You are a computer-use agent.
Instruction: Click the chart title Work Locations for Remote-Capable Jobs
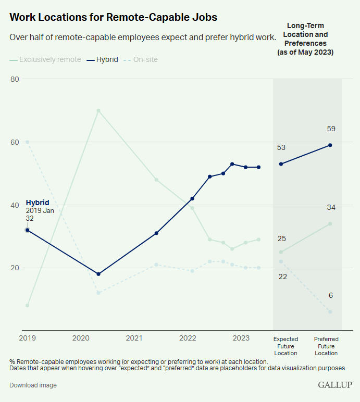pos(113,17)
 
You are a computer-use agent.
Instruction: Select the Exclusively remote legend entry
pos(45,59)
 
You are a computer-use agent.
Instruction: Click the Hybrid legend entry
pos(103,59)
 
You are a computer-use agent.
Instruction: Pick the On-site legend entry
pos(141,59)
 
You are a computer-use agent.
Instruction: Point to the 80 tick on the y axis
pos(15,79)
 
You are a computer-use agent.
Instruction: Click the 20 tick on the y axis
pos(15,268)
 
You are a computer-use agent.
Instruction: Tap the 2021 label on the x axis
pos(134,338)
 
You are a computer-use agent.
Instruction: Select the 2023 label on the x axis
pos(241,338)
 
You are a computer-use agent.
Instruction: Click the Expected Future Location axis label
pos(285,346)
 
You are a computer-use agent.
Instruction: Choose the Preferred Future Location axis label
pos(326,346)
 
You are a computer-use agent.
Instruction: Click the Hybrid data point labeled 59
pos(330,145)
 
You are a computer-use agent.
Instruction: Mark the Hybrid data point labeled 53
pos(281,164)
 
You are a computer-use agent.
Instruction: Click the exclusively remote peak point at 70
pos(98,110)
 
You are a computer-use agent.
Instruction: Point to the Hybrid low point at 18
pos(98,274)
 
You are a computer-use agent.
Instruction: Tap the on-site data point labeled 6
pos(330,312)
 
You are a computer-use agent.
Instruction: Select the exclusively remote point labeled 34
pos(330,224)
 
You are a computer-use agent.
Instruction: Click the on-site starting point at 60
pos(27,142)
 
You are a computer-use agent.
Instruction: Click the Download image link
pos(33,385)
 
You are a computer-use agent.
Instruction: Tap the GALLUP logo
pos(335,385)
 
